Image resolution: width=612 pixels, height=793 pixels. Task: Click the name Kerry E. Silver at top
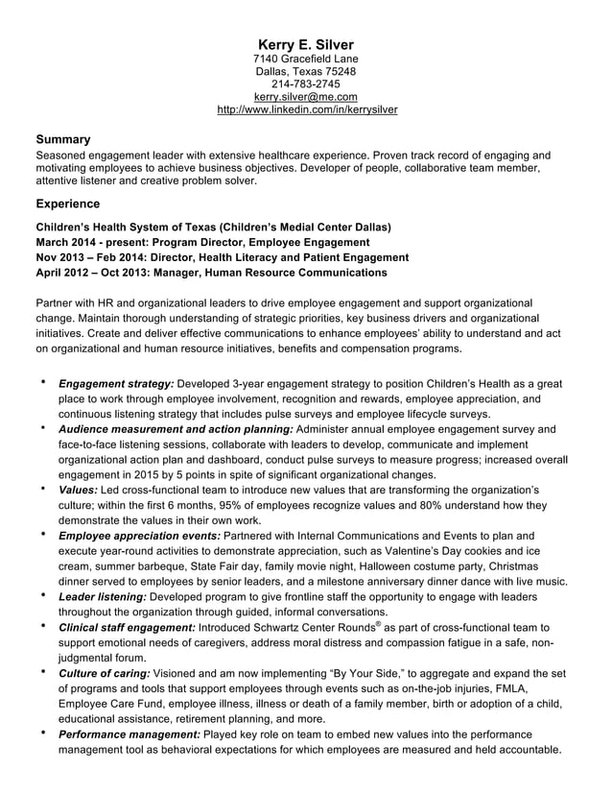point(306,45)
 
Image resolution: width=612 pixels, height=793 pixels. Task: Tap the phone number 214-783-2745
point(306,84)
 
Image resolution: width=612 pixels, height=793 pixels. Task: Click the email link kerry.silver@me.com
point(306,97)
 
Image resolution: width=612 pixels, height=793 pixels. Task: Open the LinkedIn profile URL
point(306,109)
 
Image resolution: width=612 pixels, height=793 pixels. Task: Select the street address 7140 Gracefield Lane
point(306,60)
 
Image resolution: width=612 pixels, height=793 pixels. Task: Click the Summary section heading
point(63,138)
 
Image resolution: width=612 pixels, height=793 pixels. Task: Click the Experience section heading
point(68,204)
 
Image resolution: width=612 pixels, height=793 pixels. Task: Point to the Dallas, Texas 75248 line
point(306,72)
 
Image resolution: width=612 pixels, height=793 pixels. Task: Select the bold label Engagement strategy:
point(116,384)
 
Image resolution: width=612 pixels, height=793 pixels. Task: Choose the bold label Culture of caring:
point(104,673)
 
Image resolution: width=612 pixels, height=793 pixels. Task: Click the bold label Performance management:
point(129,734)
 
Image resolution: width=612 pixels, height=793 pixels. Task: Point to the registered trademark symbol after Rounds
point(379,624)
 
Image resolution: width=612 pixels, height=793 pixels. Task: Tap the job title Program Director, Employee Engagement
point(259,242)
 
